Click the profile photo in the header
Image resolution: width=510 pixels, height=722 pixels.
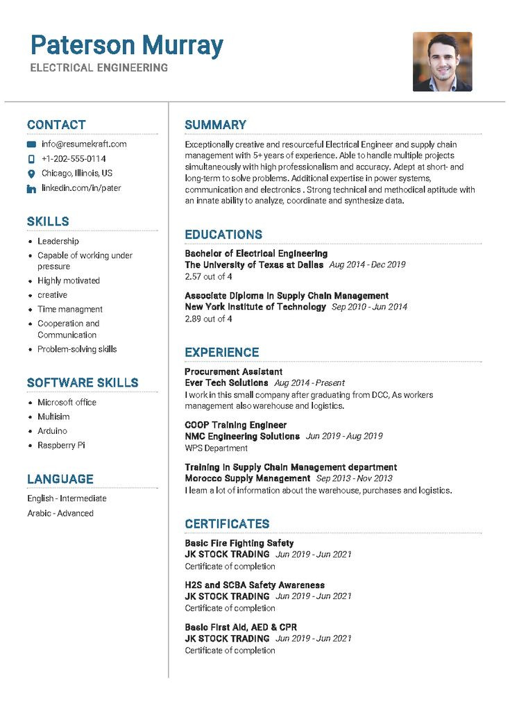pyautogui.click(x=442, y=62)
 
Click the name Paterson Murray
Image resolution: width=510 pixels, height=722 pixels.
pyautogui.click(x=126, y=46)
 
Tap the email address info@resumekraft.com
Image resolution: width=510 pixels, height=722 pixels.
pyautogui.click(x=84, y=144)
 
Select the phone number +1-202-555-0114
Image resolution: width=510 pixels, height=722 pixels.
pyautogui.click(x=74, y=159)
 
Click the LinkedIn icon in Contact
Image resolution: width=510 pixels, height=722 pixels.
pyautogui.click(x=31, y=189)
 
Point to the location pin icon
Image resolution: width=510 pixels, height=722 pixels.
pyautogui.click(x=31, y=174)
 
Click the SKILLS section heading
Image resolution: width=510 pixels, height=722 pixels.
pyautogui.click(x=48, y=221)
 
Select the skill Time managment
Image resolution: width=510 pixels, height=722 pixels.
pyautogui.click(x=70, y=310)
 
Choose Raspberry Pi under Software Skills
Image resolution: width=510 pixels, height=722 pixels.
pyautogui.click(x=61, y=446)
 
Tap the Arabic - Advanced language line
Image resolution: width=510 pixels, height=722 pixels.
pyautogui.click(x=60, y=514)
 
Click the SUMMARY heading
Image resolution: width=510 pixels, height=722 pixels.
pyautogui.click(x=215, y=125)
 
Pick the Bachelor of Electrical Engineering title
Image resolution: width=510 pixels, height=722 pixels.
pyautogui.click(x=256, y=254)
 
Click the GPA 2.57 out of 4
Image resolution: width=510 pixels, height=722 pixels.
pyautogui.click(x=208, y=277)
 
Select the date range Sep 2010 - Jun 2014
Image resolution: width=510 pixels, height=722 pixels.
pyautogui.click(x=369, y=307)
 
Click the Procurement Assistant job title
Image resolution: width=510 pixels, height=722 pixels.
pyautogui.click(x=233, y=372)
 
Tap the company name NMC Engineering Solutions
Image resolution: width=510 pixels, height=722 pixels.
pyautogui.click(x=242, y=437)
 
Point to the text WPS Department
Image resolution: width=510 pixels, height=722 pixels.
pyautogui.click(x=216, y=448)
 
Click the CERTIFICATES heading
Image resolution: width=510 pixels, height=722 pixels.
pyautogui.click(x=227, y=524)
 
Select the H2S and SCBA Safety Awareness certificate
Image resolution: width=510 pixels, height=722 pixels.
pyautogui.click(x=255, y=585)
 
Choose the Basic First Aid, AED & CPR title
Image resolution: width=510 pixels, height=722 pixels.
pyautogui.click(x=241, y=628)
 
